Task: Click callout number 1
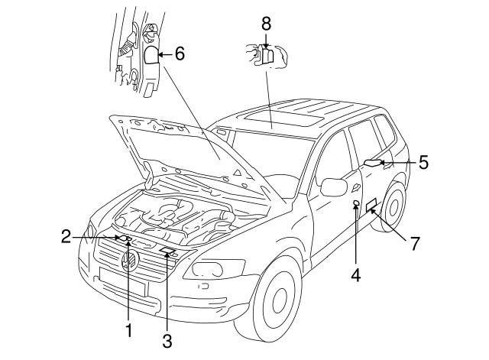(129, 331)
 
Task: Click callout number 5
(423, 162)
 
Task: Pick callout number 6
(180, 54)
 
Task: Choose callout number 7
(415, 243)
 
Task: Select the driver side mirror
(333, 186)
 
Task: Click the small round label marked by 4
(357, 203)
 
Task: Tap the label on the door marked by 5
(374, 161)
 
